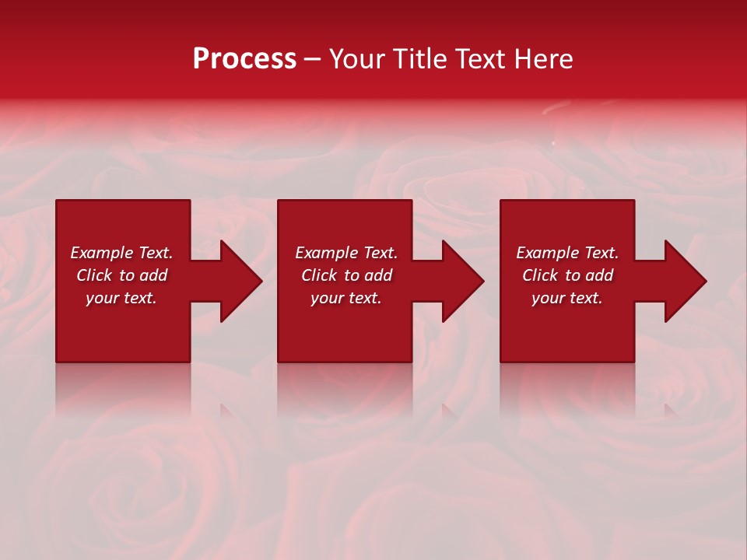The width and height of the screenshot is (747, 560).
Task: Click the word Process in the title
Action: click(244, 59)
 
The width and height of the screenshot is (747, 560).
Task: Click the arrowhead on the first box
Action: click(238, 281)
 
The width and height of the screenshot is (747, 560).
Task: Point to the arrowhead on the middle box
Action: click(460, 281)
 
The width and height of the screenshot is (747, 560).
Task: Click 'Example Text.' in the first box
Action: click(121, 253)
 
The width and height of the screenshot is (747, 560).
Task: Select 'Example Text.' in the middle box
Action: click(346, 253)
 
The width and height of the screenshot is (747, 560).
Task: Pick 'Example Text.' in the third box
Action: click(567, 253)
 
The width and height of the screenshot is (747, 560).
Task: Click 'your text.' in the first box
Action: click(121, 298)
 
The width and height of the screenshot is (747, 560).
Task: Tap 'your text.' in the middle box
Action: click(346, 298)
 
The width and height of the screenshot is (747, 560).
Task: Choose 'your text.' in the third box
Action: click(567, 298)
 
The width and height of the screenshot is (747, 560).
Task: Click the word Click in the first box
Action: click(94, 275)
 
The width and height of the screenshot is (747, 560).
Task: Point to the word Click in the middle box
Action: click(319, 275)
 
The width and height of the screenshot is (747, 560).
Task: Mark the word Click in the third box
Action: click(540, 275)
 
